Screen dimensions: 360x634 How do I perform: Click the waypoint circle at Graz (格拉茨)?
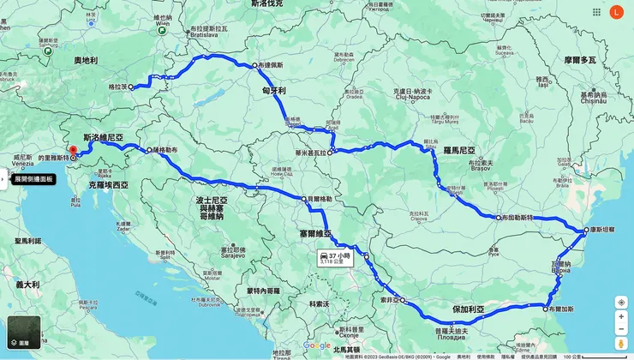tap(131, 87)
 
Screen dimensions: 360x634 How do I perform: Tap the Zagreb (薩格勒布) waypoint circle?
tap(150, 150)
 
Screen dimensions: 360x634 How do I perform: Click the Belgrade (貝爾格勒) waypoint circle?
tap(304, 199)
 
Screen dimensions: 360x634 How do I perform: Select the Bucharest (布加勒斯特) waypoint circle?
tap(498, 218)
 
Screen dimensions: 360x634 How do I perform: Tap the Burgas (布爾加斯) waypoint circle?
tap(546, 308)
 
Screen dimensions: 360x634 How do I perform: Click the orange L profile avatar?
tap(616, 12)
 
